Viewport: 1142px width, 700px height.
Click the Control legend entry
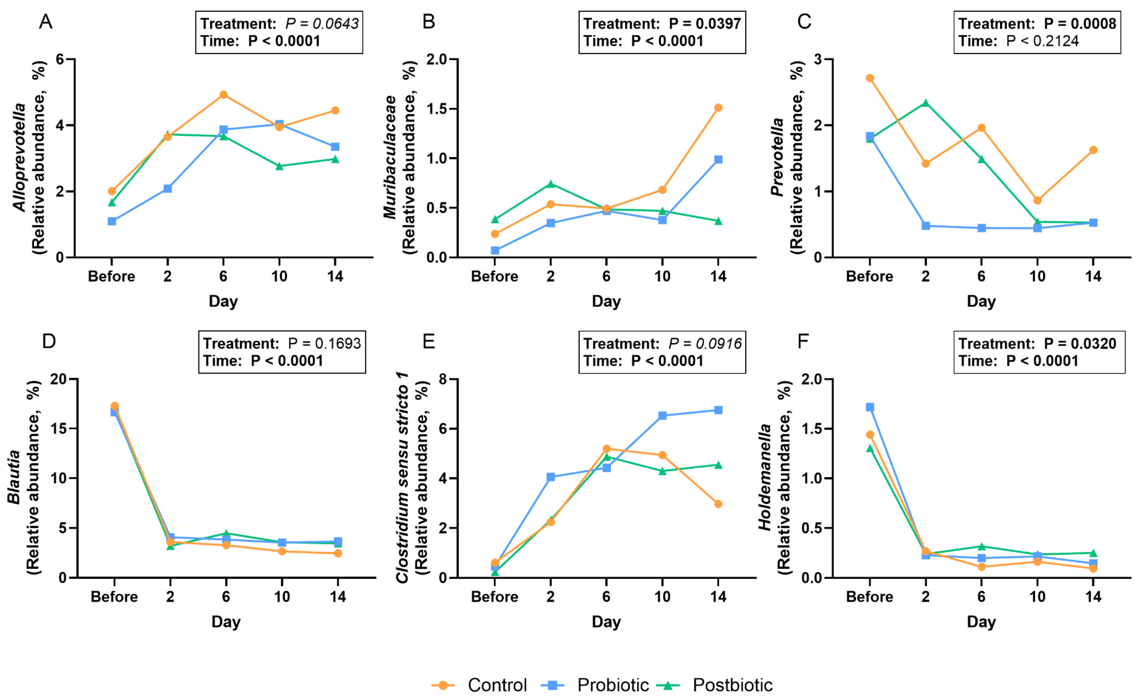[x=496, y=685]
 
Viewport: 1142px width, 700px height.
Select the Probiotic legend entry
[x=612, y=685]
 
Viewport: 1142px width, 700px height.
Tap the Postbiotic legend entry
[x=732, y=685]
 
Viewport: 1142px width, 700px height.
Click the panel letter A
[x=45, y=21]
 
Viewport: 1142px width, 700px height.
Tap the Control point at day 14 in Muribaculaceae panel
[x=718, y=107]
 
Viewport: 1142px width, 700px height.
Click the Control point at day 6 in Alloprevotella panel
[x=223, y=94]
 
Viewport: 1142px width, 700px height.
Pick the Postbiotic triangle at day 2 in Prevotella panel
[x=925, y=103]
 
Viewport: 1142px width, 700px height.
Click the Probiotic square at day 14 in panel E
[x=718, y=410]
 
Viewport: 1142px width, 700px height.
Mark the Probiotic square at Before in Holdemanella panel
[x=870, y=407]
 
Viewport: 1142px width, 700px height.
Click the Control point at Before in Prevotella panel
[x=870, y=78]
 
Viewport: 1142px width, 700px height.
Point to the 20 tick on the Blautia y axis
[x=59, y=379]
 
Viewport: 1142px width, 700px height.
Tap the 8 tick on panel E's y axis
[x=443, y=379]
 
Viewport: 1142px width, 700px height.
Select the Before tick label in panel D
[x=114, y=597]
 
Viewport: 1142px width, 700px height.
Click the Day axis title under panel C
[x=981, y=301]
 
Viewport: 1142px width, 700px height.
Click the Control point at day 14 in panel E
[x=718, y=504]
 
